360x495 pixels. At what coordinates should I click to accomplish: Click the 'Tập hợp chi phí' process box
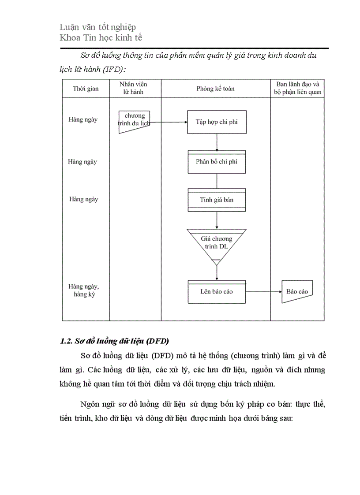coord(217,122)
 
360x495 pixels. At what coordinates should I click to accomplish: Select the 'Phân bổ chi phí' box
coord(217,162)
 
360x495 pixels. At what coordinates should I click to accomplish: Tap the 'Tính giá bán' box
coord(217,200)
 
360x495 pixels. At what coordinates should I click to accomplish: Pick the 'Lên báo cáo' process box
coord(217,292)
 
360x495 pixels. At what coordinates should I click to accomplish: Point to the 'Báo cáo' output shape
coord(297,291)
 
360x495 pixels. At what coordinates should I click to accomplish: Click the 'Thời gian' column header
coord(86,89)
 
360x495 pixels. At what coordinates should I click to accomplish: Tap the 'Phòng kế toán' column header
coord(216,89)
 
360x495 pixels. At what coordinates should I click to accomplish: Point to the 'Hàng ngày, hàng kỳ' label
coord(84,290)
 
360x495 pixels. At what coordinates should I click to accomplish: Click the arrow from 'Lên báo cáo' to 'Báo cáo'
coord(264,292)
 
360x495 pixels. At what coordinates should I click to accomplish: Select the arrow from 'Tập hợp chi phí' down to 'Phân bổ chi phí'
coord(217,142)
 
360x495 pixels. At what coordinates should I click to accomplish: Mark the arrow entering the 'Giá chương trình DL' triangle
coord(217,220)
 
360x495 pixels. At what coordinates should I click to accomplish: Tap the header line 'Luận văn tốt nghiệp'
coord(97,27)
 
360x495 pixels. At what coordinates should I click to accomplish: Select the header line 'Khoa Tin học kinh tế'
coord(101,37)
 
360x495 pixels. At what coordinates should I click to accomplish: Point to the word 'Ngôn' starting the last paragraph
coord(90,404)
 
